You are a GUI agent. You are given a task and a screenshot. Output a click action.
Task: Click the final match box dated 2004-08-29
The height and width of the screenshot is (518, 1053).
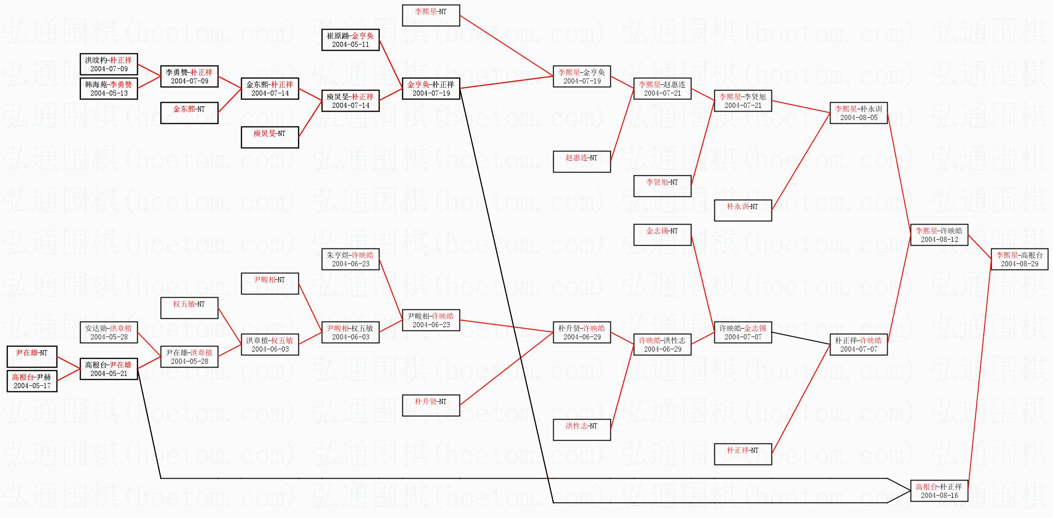pos(1019,259)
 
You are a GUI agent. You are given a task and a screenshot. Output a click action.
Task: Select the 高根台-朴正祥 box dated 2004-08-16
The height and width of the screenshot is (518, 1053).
pos(939,491)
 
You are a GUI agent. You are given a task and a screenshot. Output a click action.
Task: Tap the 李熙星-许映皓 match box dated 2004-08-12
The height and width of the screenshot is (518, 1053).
pos(939,235)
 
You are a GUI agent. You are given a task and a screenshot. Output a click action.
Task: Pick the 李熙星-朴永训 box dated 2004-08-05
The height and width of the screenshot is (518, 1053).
pos(858,113)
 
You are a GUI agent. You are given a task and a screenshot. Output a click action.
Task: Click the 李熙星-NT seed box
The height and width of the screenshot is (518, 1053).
pos(431,15)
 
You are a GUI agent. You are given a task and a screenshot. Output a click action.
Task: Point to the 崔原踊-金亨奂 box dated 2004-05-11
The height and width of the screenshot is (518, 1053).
pos(350,40)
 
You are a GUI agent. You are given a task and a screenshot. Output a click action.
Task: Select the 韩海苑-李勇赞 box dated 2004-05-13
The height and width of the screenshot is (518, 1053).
pos(109,89)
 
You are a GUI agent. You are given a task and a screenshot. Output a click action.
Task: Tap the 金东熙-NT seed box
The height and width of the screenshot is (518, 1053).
pos(189,113)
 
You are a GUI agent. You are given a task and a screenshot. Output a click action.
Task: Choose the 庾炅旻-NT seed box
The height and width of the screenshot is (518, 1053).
pos(270,137)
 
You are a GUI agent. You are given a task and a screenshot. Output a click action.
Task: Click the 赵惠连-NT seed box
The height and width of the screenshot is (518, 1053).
pos(582,162)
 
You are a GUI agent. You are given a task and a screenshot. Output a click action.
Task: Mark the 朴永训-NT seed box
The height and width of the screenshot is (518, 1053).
pos(743,210)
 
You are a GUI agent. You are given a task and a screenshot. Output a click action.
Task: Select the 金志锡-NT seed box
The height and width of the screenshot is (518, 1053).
pos(662,235)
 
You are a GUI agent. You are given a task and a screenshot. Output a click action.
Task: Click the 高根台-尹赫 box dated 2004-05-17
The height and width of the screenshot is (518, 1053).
pos(32,381)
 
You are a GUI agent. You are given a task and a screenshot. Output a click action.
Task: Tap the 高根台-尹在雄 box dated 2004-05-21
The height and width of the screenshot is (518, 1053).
pos(109,369)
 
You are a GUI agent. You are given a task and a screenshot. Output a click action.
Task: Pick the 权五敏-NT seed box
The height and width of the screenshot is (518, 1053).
pos(189,308)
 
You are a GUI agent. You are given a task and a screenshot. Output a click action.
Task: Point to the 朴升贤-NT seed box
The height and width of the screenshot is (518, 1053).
pos(431,405)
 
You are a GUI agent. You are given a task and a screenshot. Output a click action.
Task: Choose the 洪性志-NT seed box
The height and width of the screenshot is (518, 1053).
pos(582,430)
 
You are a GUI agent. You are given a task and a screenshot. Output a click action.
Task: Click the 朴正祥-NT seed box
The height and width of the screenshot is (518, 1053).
pos(743,454)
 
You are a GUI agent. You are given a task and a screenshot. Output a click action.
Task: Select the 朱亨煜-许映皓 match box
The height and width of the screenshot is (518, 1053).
pos(350,259)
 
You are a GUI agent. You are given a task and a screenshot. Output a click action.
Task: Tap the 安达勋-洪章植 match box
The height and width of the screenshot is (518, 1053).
pos(109,332)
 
